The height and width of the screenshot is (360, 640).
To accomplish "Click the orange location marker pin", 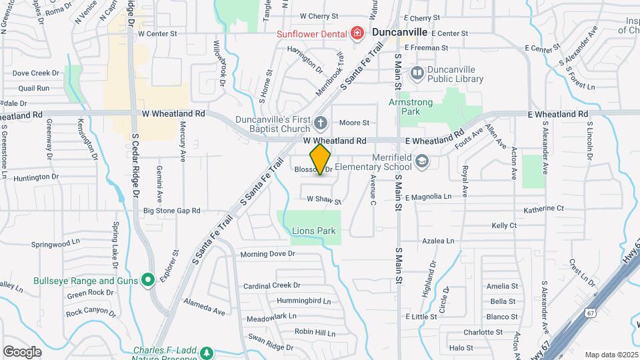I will (x=321, y=159).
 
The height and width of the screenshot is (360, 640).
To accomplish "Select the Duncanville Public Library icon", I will (x=417, y=72).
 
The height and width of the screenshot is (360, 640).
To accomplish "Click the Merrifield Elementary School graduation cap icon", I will (x=422, y=161).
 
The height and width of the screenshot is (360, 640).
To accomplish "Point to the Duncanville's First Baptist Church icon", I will (x=321, y=122).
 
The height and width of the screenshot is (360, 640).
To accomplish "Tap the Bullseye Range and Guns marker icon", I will (x=148, y=280).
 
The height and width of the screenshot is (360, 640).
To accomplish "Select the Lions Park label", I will (x=313, y=231).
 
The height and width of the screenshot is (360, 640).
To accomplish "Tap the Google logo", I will (x=22, y=351).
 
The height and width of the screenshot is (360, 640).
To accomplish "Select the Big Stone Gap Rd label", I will (x=172, y=211).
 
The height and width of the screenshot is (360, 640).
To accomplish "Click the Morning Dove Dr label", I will (x=267, y=254).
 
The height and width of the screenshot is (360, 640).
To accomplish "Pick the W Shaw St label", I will (x=324, y=200).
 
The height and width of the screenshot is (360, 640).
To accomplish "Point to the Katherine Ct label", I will (x=544, y=209).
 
